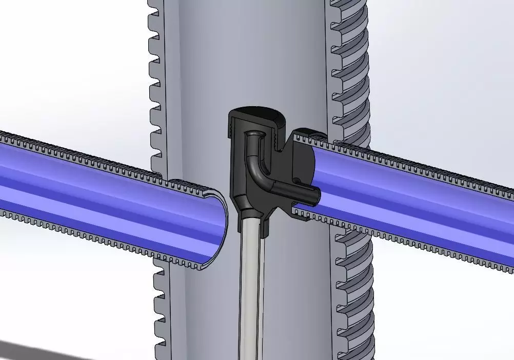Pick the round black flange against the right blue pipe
(303, 154)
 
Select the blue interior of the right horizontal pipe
(410, 195)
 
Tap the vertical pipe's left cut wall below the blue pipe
(160, 308)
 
